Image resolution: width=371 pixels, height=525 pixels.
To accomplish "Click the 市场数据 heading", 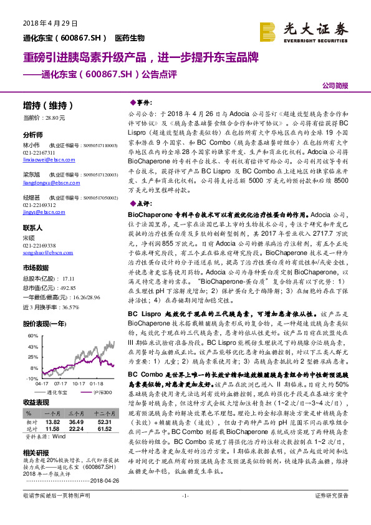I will (37, 267).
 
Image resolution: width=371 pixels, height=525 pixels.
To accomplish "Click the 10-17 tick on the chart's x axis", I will (79, 384).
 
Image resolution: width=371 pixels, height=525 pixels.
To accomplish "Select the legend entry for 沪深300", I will (103, 393).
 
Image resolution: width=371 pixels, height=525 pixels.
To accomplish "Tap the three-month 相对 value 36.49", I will (75, 421).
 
